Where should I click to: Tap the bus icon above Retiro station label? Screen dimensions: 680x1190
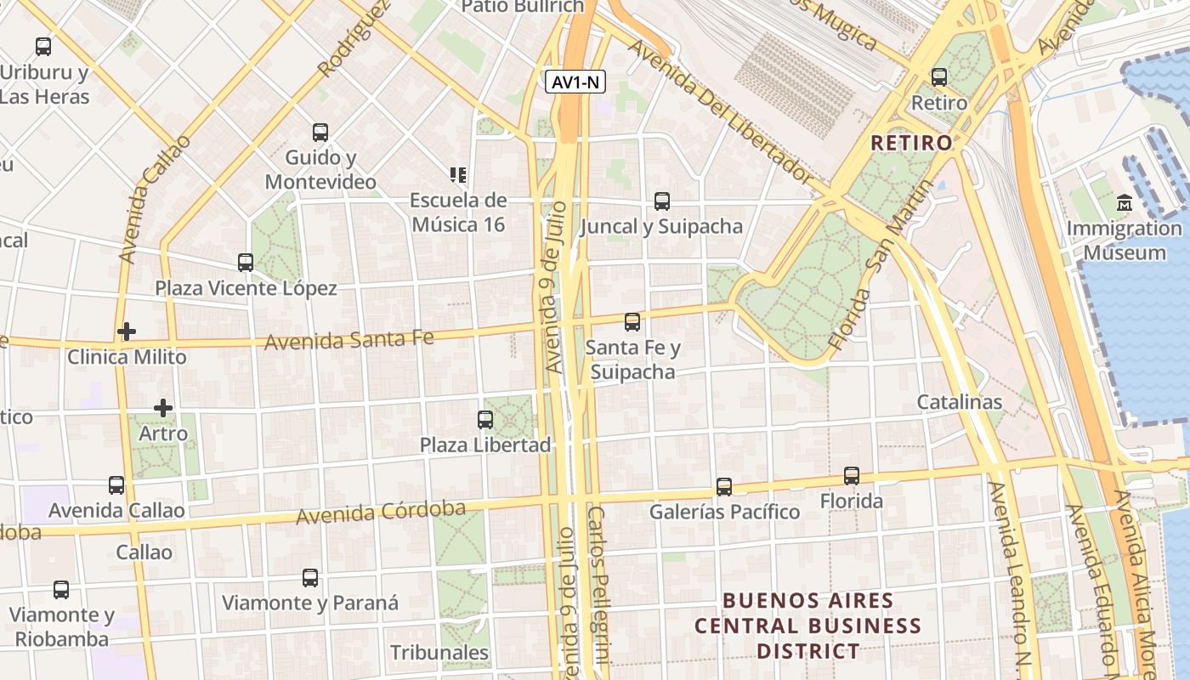939,77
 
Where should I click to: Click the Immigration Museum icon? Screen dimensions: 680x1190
1125,203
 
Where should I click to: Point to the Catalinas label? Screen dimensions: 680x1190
959,402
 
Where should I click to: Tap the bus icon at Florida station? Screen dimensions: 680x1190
852,476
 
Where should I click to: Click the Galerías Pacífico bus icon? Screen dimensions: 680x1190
724,487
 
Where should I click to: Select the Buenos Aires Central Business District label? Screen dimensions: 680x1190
807,626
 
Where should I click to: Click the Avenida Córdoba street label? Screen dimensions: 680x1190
381,512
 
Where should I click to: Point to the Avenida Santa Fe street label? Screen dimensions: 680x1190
349,341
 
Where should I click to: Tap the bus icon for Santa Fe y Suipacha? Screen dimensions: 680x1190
632,322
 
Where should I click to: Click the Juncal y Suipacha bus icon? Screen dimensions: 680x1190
662,201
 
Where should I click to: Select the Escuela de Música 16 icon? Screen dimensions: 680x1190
458,175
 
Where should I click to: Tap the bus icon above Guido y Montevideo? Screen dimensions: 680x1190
320,133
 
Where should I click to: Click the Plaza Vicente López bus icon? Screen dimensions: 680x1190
246,263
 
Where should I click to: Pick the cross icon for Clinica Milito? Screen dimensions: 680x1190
127,331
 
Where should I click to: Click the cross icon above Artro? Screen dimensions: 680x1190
163,408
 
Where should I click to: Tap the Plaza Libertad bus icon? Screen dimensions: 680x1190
485,420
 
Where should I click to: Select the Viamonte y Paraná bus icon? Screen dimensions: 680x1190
310,578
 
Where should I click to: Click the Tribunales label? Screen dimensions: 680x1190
439,653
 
